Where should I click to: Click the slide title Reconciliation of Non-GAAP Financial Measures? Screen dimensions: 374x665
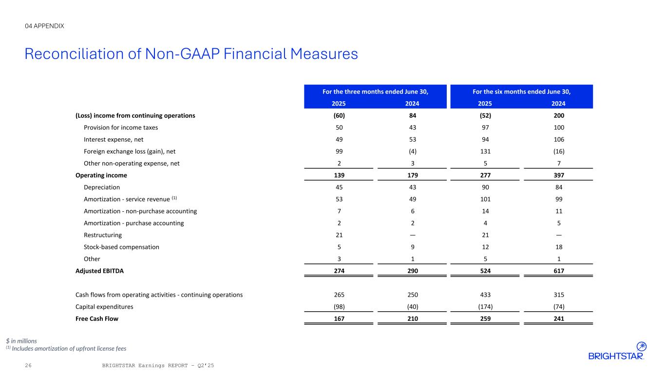[191, 54]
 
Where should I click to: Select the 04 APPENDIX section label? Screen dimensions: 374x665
[44, 26]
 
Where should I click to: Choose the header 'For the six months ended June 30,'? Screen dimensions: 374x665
[522, 91]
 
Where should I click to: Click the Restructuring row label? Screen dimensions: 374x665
[103, 235]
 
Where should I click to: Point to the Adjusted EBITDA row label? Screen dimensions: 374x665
[99, 270]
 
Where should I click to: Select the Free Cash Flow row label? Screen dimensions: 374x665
[97, 318]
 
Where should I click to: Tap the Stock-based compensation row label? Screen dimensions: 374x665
[121, 247]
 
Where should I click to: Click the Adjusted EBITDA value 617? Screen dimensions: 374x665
[558, 270]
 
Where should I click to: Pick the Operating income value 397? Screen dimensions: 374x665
[558, 175]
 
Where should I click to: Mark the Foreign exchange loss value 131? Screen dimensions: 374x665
[485, 151]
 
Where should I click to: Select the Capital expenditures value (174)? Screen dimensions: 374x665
[485, 307]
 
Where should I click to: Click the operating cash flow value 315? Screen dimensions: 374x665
[558, 295]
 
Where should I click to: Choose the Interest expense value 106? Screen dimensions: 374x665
[558, 139]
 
